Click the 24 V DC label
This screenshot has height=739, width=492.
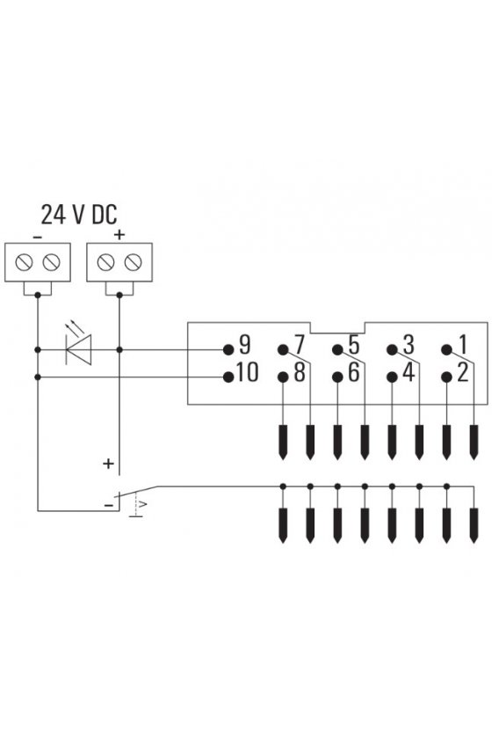pyautogui.click(x=78, y=215)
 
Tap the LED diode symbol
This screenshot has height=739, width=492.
pyautogui.click(x=79, y=349)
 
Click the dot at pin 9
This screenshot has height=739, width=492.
pyautogui.click(x=228, y=350)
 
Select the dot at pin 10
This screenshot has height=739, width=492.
pyautogui.click(x=228, y=377)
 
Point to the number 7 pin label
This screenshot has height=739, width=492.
pyautogui.click(x=300, y=345)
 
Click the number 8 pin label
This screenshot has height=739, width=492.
pyautogui.click(x=300, y=372)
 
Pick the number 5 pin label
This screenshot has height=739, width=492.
pyautogui.click(x=354, y=345)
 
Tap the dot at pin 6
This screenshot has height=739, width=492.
pyautogui.click(x=337, y=377)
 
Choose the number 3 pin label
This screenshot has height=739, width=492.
pyautogui.click(x=409, y=345)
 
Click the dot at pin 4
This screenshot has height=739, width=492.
pyautogui.click(x=392, y=377)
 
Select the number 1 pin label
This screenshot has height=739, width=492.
pyautogui.click(x=463, y=345)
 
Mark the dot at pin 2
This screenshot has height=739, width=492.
pyautogui.click(x=446, y=377)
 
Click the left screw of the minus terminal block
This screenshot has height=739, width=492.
pyautogui.click(x=24, y=262)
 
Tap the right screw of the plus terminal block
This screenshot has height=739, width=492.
pyautogui.click(x=134, y=262)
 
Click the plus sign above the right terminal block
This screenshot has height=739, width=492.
pyautogui.click(x=119, y=234)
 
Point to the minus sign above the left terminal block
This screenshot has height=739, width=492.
pyautogui.click(x=38, y=237)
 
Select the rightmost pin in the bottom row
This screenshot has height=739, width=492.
pyautogui.click(x=474, y=525)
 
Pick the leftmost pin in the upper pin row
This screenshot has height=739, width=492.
pyautogui.click(x=283, y=442)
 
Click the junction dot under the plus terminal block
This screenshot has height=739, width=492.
pyautogui.click(x=119, y=295)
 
